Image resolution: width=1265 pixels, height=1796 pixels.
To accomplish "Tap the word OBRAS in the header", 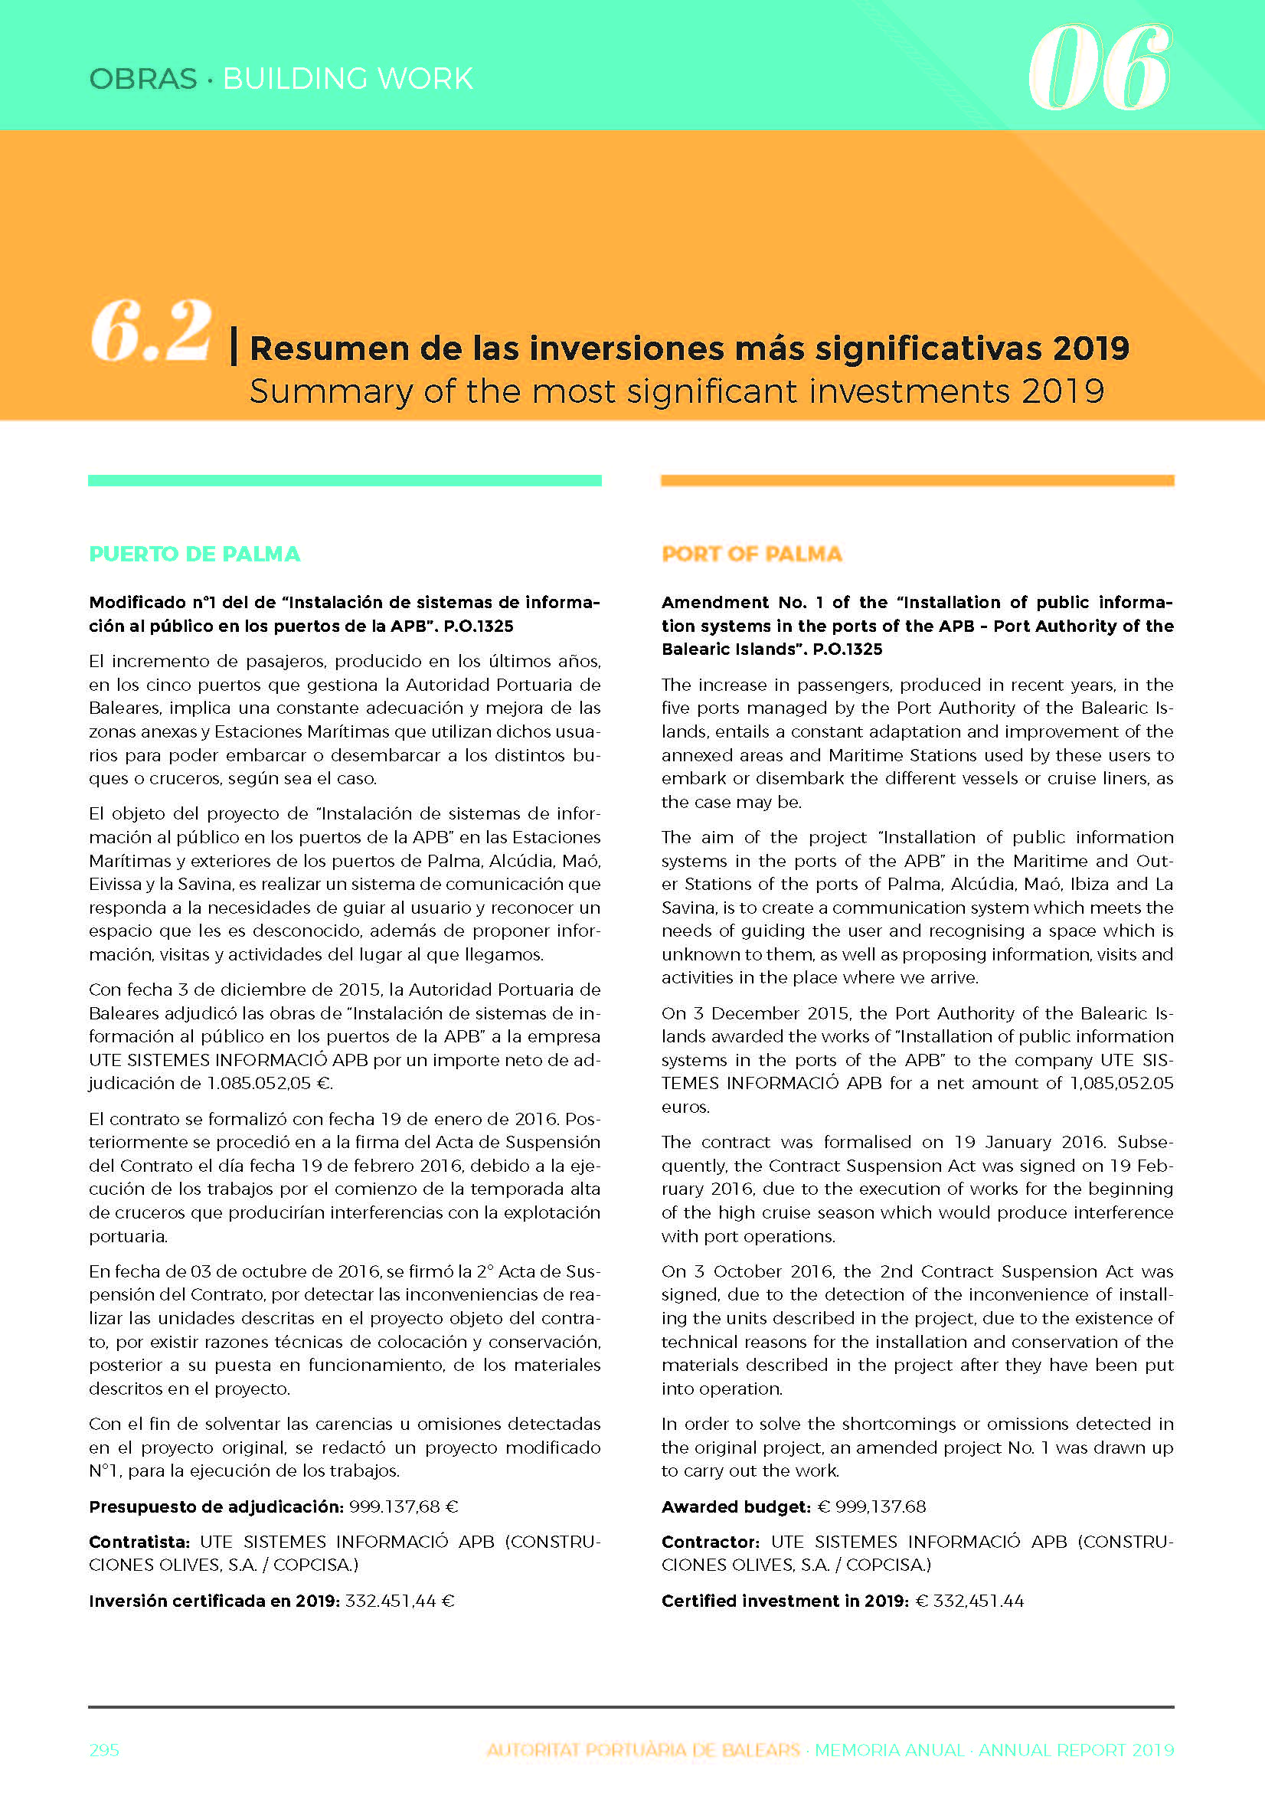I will point(143,79).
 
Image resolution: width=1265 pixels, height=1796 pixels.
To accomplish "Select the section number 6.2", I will point(151,332).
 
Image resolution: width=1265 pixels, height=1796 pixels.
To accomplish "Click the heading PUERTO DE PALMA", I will point(194,554).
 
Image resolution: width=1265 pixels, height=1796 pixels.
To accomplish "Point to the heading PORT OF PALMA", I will point(752,554).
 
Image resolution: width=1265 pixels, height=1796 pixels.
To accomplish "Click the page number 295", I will point(104,1750).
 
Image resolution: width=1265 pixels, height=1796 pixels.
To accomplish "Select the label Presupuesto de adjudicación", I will point(216,1506).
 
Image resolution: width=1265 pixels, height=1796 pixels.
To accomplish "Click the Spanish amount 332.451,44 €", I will point(400,1601).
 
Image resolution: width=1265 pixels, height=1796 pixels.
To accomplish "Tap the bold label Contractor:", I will point(711,1542).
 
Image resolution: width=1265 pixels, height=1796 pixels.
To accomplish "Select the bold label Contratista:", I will point(139,1542).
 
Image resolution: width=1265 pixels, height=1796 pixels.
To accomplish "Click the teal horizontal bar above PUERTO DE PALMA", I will point(345,480).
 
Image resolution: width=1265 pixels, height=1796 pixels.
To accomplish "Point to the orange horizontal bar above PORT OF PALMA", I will point(917,480).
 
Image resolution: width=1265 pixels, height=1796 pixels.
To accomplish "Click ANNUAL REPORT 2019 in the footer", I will point(1076,1750).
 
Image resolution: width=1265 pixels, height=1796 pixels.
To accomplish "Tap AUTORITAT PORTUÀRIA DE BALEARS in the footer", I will point(643,1750).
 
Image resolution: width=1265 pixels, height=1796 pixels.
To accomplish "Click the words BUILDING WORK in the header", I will point(348,79).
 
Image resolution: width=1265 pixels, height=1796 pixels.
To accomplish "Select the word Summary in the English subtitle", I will point(330,391).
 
